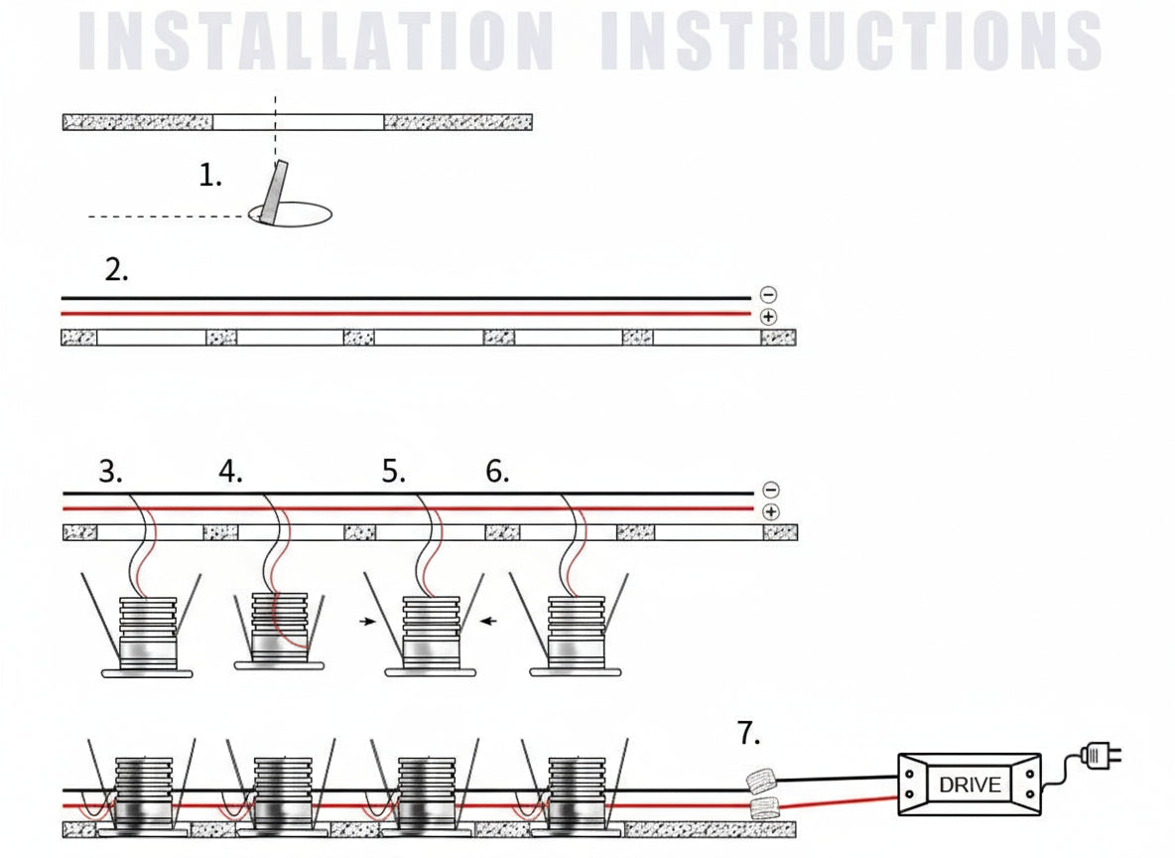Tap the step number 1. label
tap(210, 177)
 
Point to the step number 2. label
tap(117, 270)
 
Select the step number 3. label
tap(111, 472)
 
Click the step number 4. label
tap(230, 472)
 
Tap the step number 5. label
tap(394, 472)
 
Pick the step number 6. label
tap(497, 472)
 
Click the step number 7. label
tap(749, 735)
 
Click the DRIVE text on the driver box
tap(970, 786)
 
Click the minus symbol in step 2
tap(768, 295)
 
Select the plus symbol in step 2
tap(768, 317)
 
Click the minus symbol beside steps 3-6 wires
tap(771, 490)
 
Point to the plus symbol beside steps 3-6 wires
tap(771, 511)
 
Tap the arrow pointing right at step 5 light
tap(369, 622)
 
